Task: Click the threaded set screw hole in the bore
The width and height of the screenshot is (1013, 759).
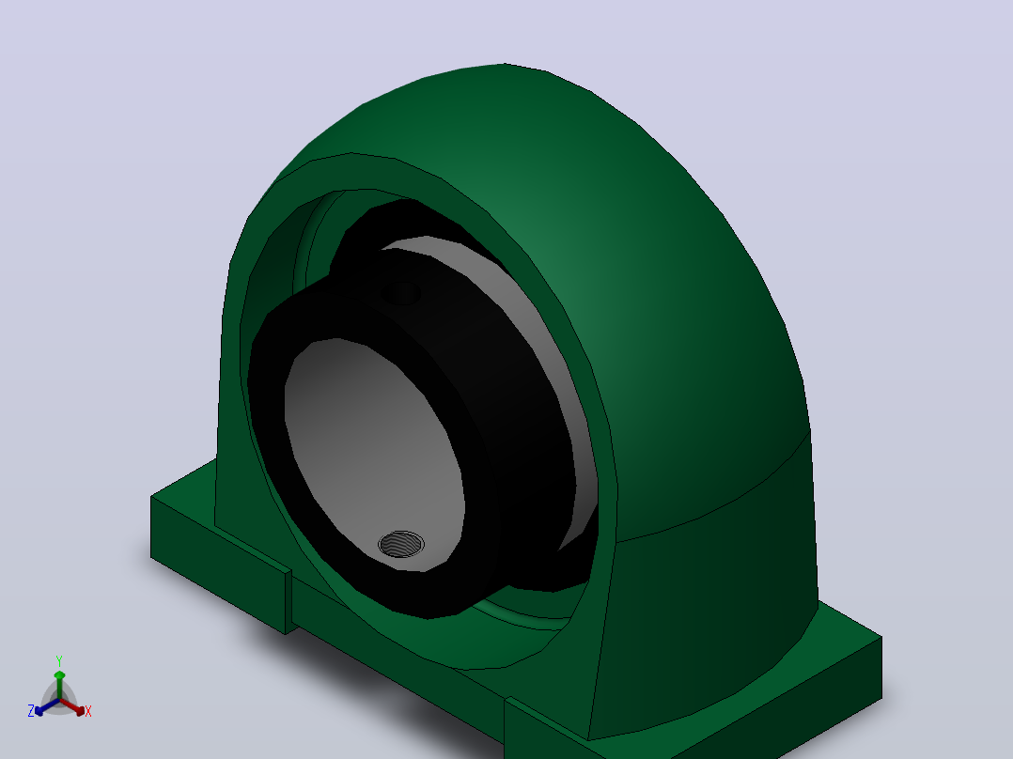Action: click(x=401, y=544)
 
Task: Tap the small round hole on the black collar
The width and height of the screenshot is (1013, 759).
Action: click(x=400, y=293)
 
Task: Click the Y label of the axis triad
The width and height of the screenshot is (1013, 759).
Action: click(x=59, y=660)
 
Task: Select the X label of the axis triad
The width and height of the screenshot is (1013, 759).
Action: click(x=88, y=711)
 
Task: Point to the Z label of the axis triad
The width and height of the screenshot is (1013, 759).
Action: click(x=31, y=711)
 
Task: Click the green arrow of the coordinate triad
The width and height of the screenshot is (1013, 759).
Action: click(x=59, y=685)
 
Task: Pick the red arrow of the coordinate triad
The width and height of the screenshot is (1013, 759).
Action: click(x=72, y=706)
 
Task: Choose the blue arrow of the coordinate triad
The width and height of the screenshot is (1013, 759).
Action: click(x=47, y=706)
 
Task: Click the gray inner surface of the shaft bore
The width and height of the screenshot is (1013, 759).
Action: click(x=368, y=440)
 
